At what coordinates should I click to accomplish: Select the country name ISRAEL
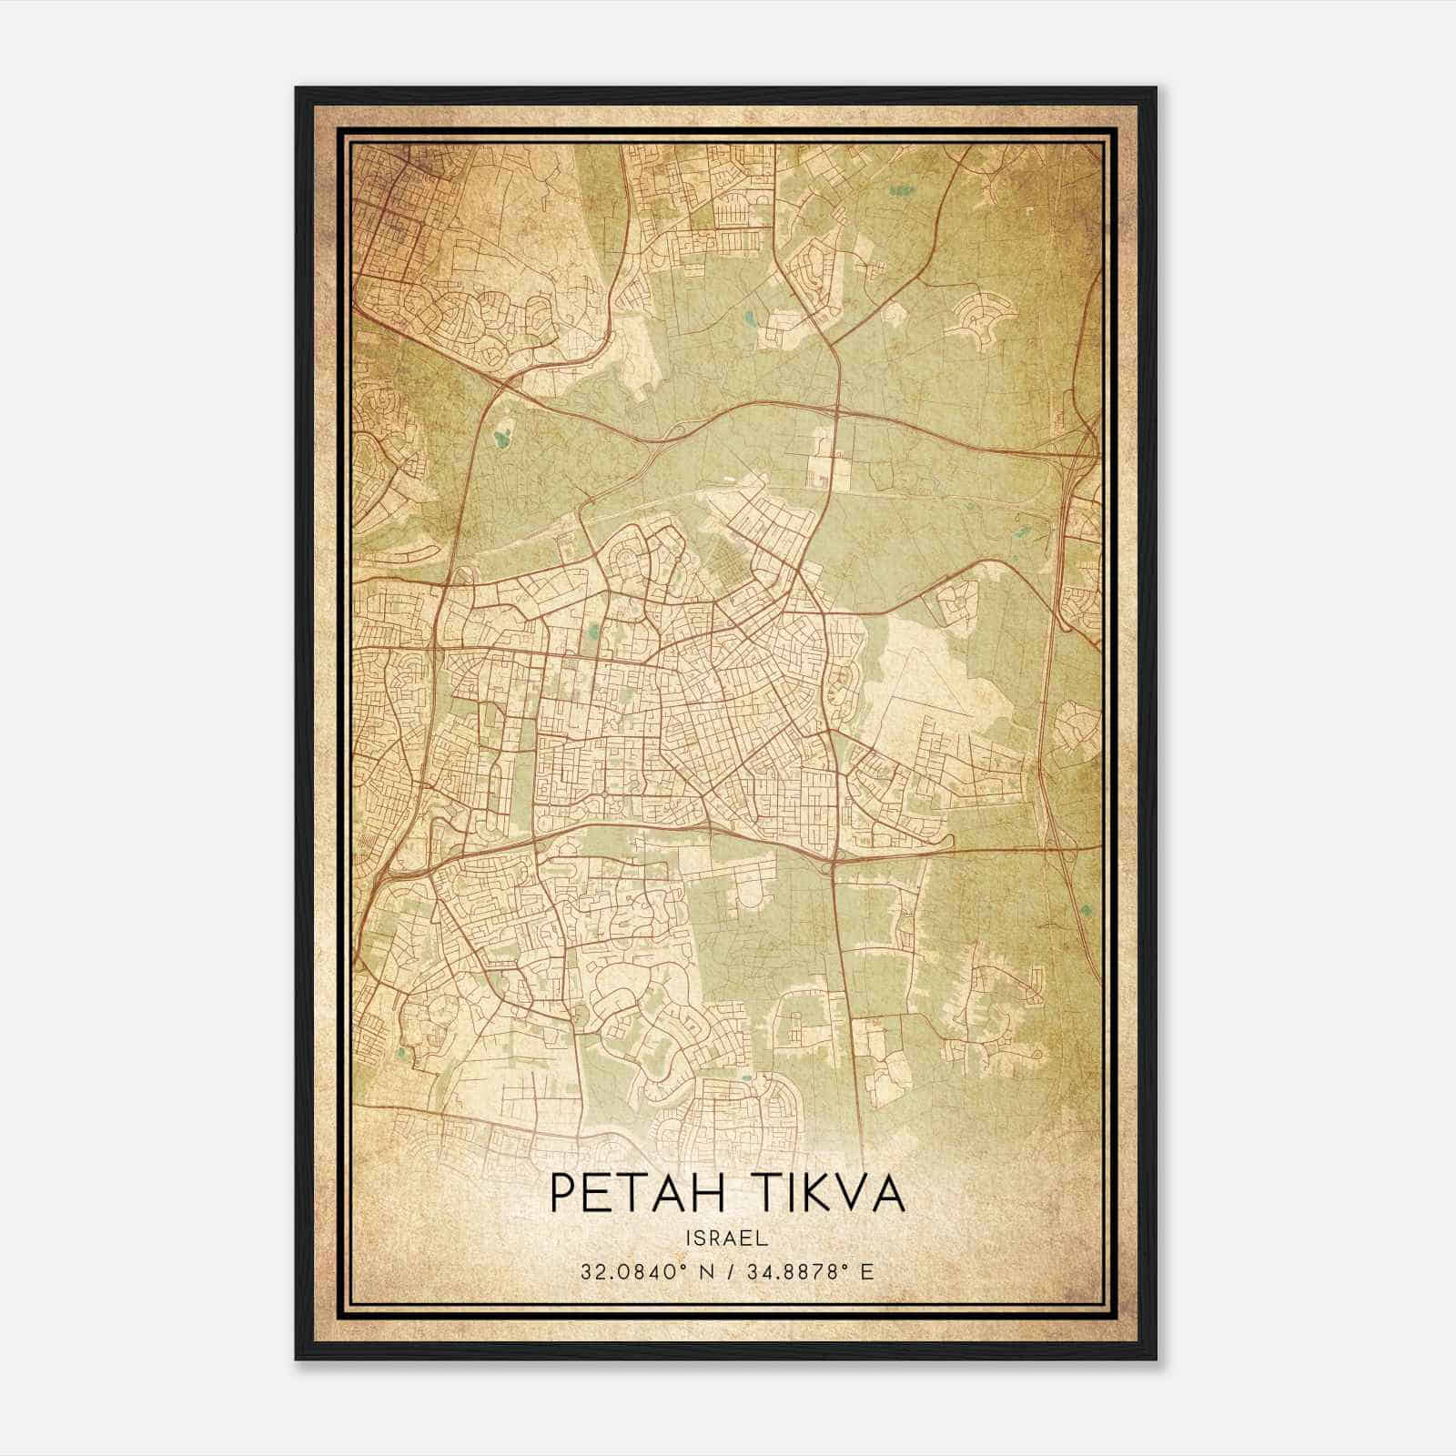coord(727,1239)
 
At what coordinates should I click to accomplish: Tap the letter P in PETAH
coord(562,1194)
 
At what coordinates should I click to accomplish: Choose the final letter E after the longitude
coord(868,1271)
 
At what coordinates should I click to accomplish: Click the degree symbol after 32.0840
coord(671,1265)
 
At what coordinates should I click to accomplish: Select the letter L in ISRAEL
coord(763,1239)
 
